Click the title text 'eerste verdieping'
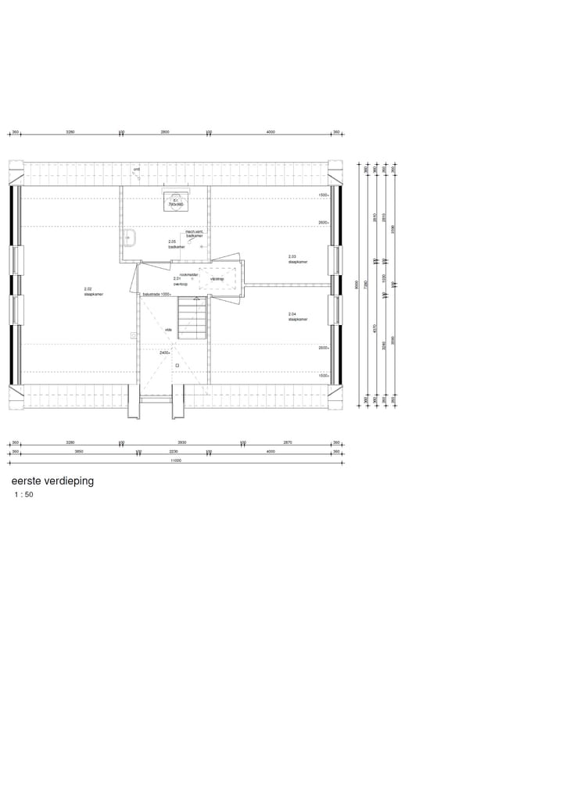52,481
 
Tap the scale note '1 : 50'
23,495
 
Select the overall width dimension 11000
177,461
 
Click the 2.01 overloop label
180,281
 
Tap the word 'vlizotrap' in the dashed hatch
217,279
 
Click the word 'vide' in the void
167,330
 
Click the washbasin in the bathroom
131,237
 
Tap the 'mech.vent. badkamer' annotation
194,234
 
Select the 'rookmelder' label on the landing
188,274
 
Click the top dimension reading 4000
271,132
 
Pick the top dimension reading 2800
165,132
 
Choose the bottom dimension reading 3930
181,442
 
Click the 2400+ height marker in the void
164,352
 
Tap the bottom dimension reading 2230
174,451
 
